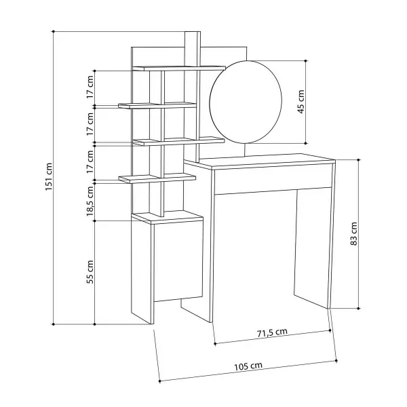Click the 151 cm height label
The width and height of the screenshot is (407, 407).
[49, 177]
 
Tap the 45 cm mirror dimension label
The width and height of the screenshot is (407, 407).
[301, 102]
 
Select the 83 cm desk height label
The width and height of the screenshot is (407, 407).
[354, 233]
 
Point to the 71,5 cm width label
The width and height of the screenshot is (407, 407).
[272, 333]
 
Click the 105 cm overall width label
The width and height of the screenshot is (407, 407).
[248, 366]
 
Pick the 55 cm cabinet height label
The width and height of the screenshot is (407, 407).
[90, 272]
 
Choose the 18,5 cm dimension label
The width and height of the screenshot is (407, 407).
[90, 201]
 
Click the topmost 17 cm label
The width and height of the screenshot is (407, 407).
[90, 87]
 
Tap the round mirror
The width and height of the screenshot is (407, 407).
[246, 102]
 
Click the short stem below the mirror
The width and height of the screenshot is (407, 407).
[245, 150]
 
